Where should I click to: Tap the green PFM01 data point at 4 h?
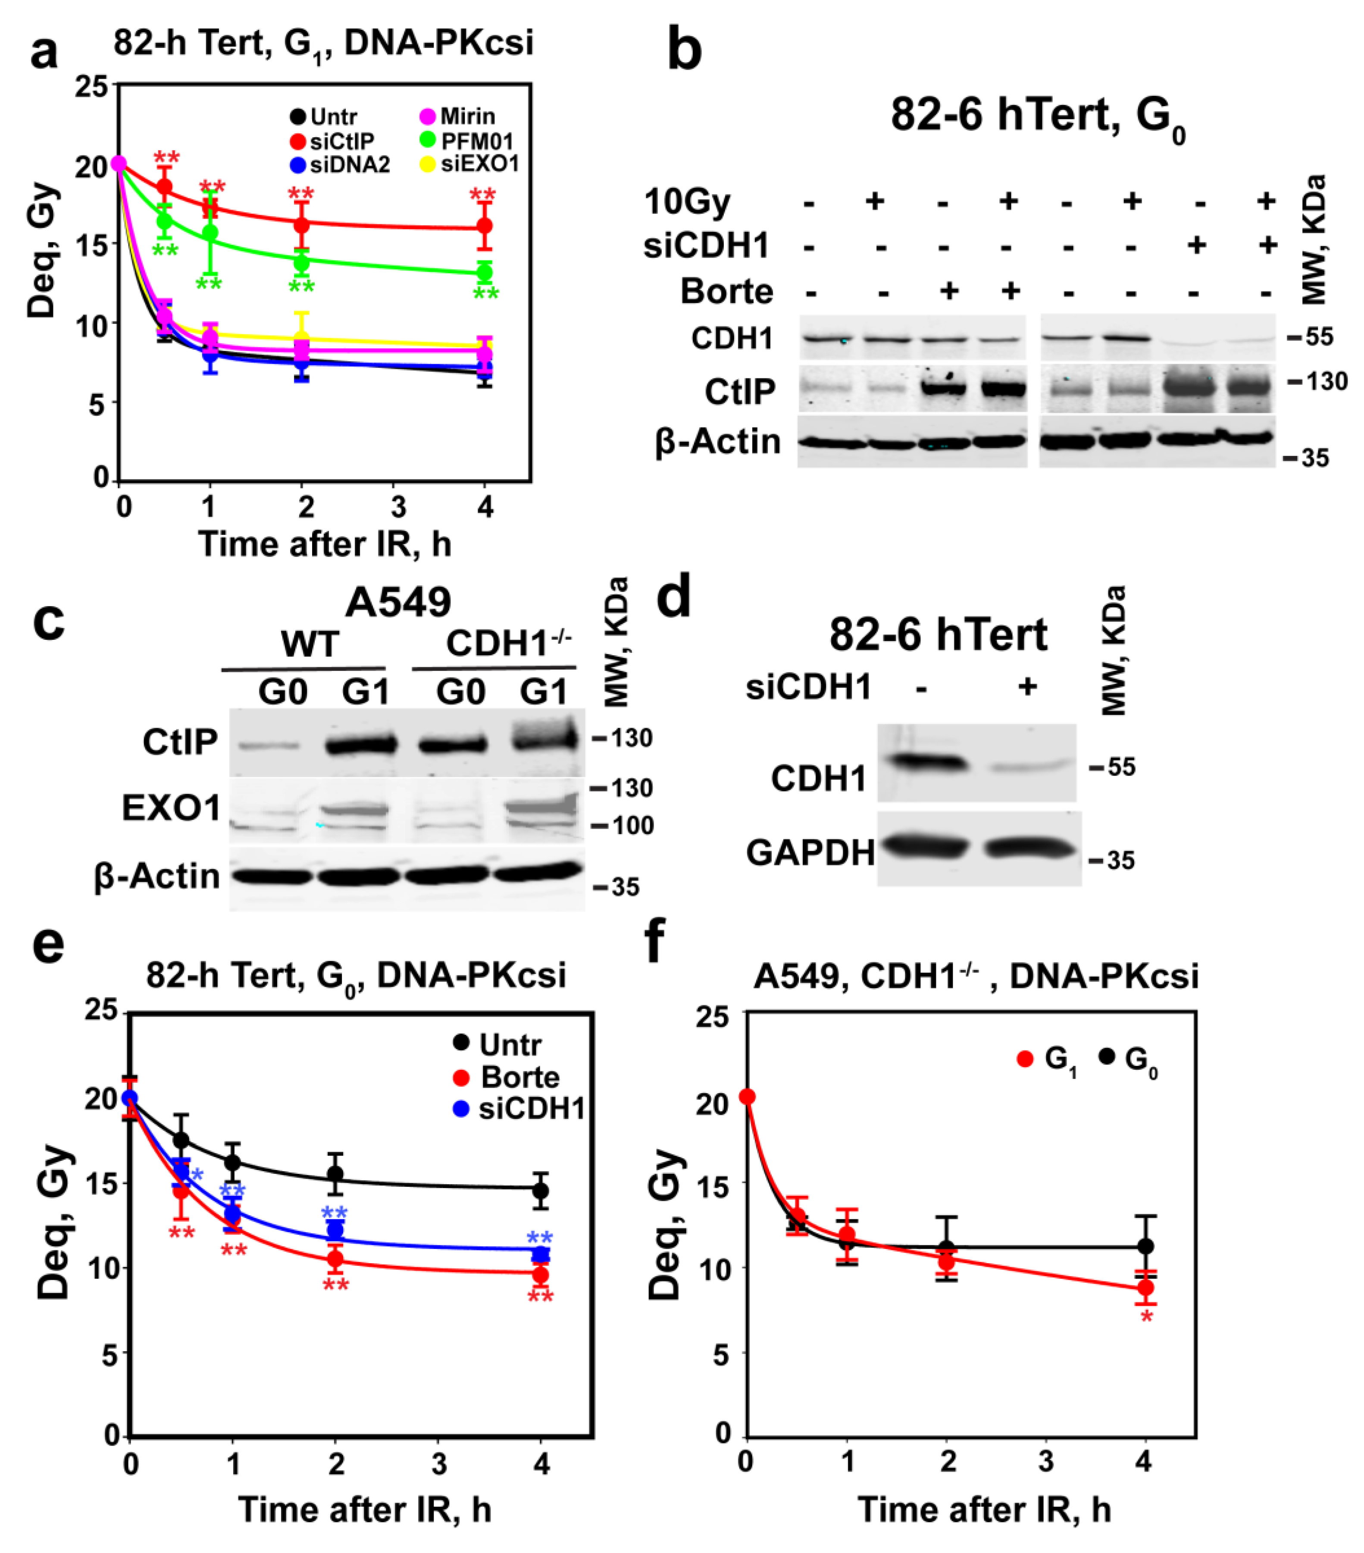(484, 273)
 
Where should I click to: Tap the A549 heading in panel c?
(398, 603)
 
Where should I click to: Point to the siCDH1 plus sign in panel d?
(1027, 687)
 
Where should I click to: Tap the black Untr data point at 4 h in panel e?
(540, 1191)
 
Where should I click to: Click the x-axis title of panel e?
(365, 1510)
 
